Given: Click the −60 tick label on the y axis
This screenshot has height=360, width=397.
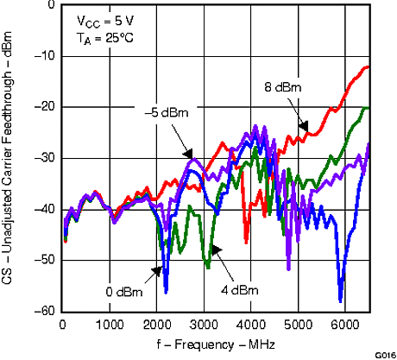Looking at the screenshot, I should [x=46, y=311].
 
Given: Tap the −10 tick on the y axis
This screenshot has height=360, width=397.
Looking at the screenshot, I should [x=46, y=56].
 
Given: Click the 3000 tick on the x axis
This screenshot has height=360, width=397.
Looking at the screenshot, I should [x=204, y=324].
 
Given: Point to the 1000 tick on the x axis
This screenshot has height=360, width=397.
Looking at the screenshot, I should [x=109, y=324].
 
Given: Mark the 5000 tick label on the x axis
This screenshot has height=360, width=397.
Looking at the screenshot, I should [x=298, y=324].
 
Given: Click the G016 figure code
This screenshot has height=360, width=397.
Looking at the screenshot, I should [x=383, y=354].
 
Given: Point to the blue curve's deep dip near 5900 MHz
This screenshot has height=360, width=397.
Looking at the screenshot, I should [x=341, y=300].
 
